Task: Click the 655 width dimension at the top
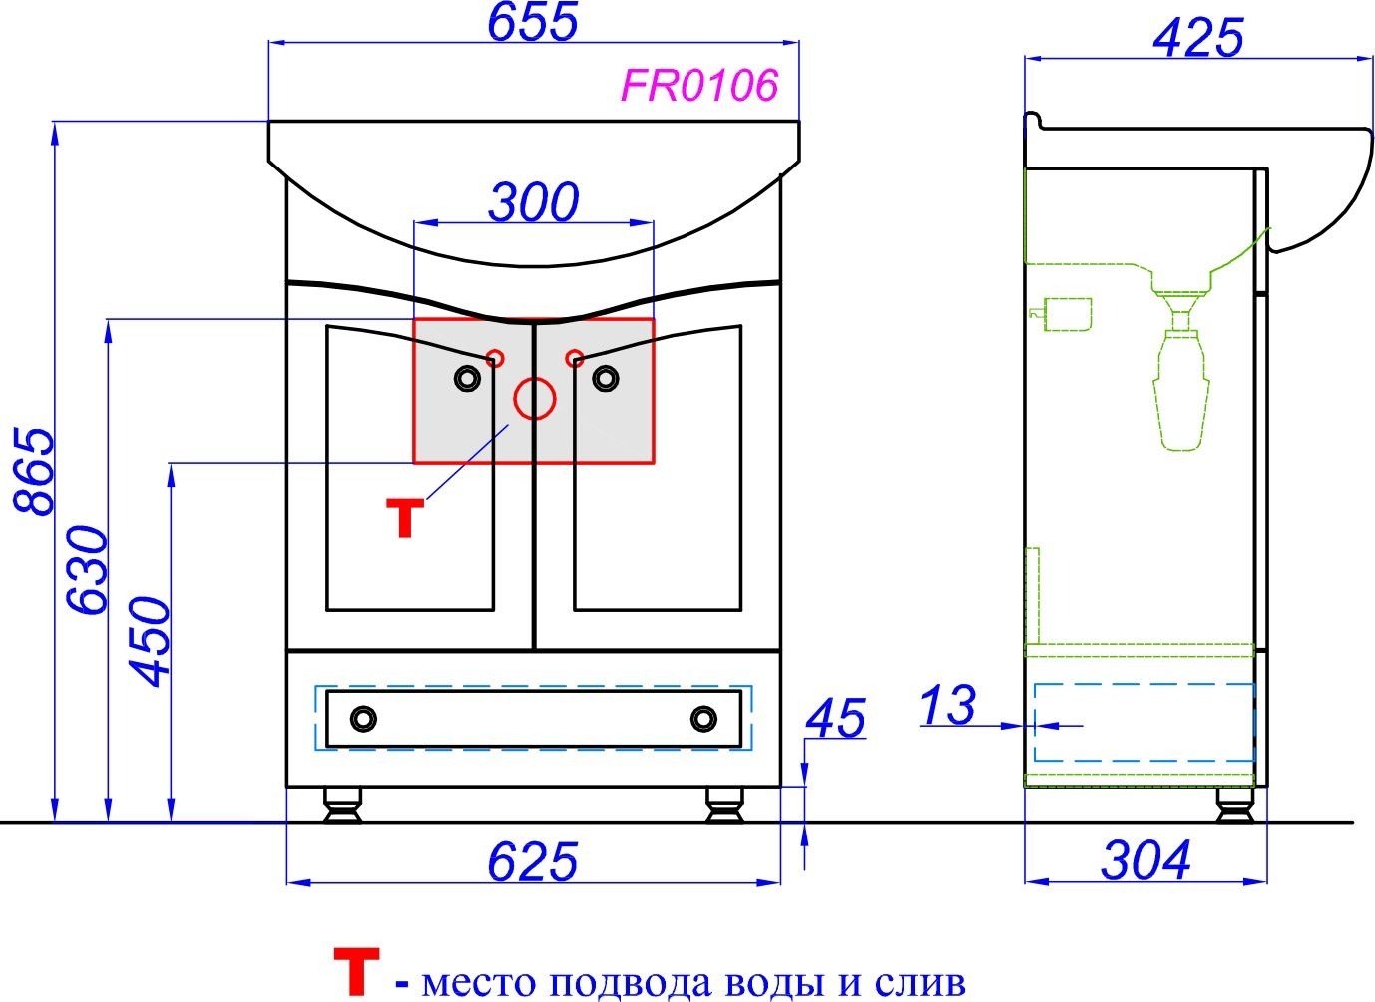pyautogui.click(x=533, y=22)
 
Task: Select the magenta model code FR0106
pyautogui.click(x=700, y=85)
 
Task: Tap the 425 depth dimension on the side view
pyautogui.click(x=1198, y=38)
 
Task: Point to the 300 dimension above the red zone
pyautogui.click(x=533, y=201)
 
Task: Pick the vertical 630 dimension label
pyautogui.click(x=88, y=569)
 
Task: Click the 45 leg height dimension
pyautogui.click(x=835, y=718)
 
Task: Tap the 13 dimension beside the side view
pyautogui.click(x=947, y=705)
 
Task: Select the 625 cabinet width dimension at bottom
pyautogui.click(x=533, y=861)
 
